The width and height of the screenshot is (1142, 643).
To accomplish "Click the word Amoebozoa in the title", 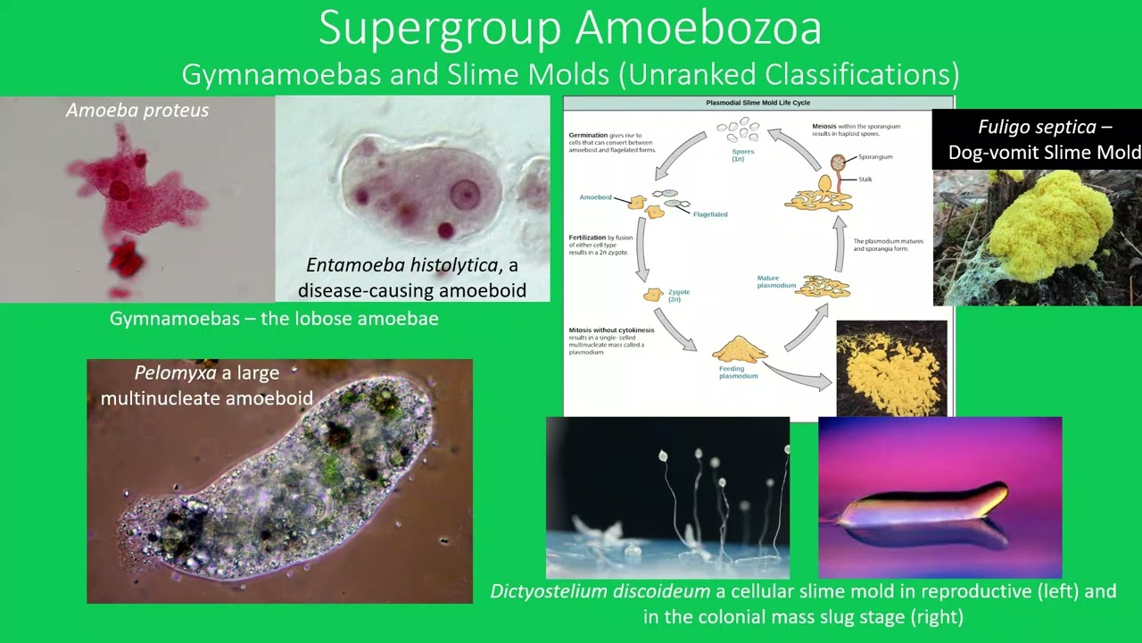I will click(x=699, y=29).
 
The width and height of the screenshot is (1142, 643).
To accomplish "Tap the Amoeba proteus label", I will click(x=137, y=110).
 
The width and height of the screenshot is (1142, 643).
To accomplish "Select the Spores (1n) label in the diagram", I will click(x=743, y=155).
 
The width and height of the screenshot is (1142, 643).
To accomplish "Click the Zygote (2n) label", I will click(x=679, y=296).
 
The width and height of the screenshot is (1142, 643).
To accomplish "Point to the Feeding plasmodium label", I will click(x=738, y=372).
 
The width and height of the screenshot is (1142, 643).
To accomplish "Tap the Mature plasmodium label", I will click(x=774, y=282).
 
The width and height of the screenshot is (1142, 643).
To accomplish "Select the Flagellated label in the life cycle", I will click(x=710, y=214).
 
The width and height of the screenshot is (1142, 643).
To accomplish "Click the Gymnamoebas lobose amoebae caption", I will click(x=274, y=319).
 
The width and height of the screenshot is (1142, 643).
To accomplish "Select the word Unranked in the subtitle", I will click(x=688, y=73).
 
